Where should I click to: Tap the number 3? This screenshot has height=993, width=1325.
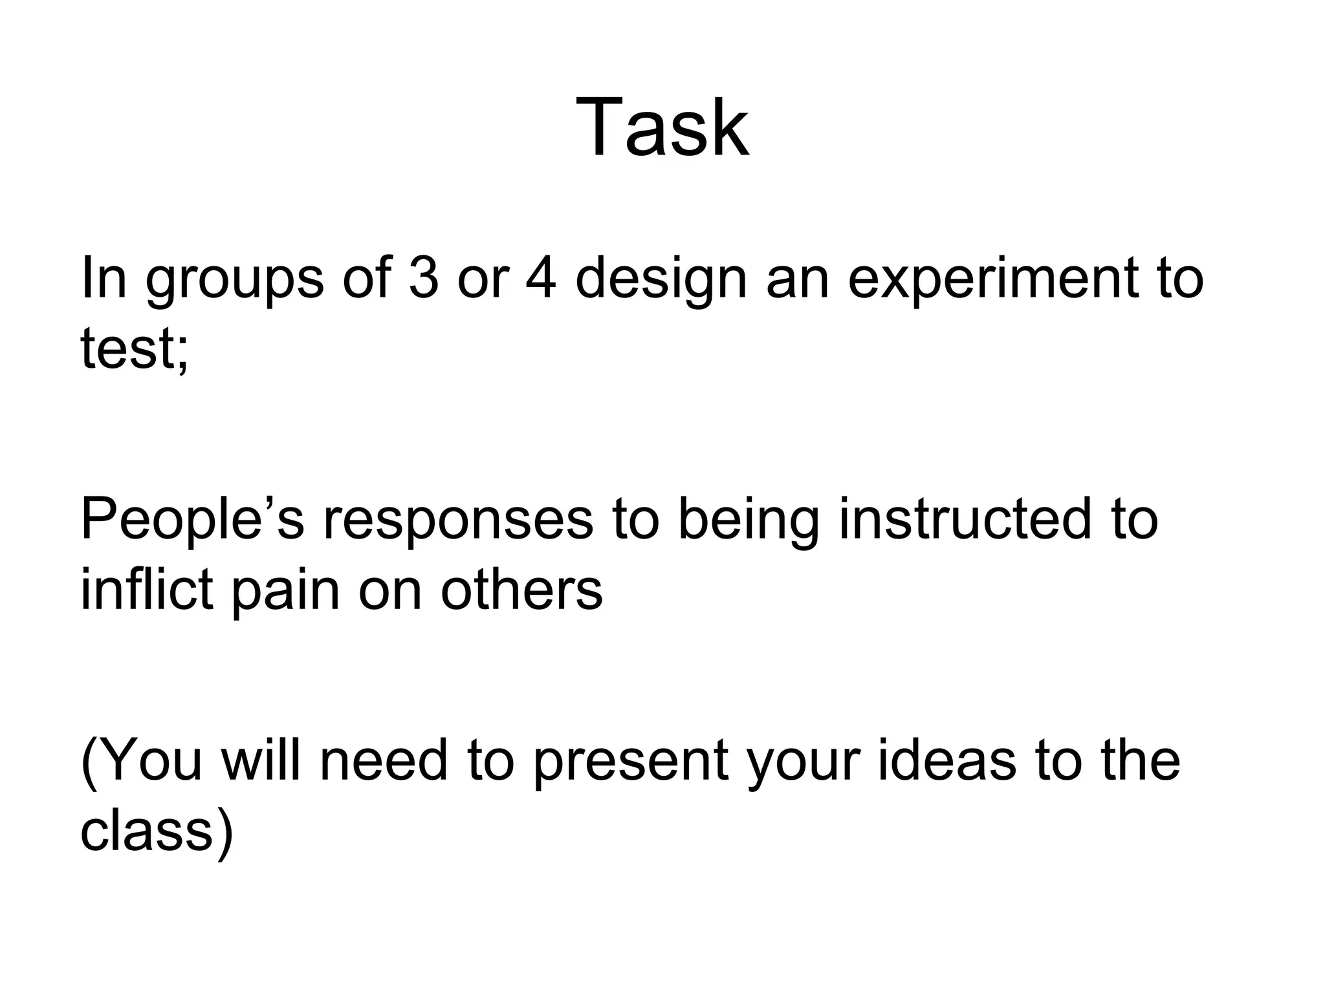click(424, 278)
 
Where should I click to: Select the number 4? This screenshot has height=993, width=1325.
click(540, 278)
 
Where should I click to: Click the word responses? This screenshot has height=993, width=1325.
click(458, 522)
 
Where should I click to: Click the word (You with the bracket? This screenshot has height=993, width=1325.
click(142, 761)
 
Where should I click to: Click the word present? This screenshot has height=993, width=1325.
click(631, 763)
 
